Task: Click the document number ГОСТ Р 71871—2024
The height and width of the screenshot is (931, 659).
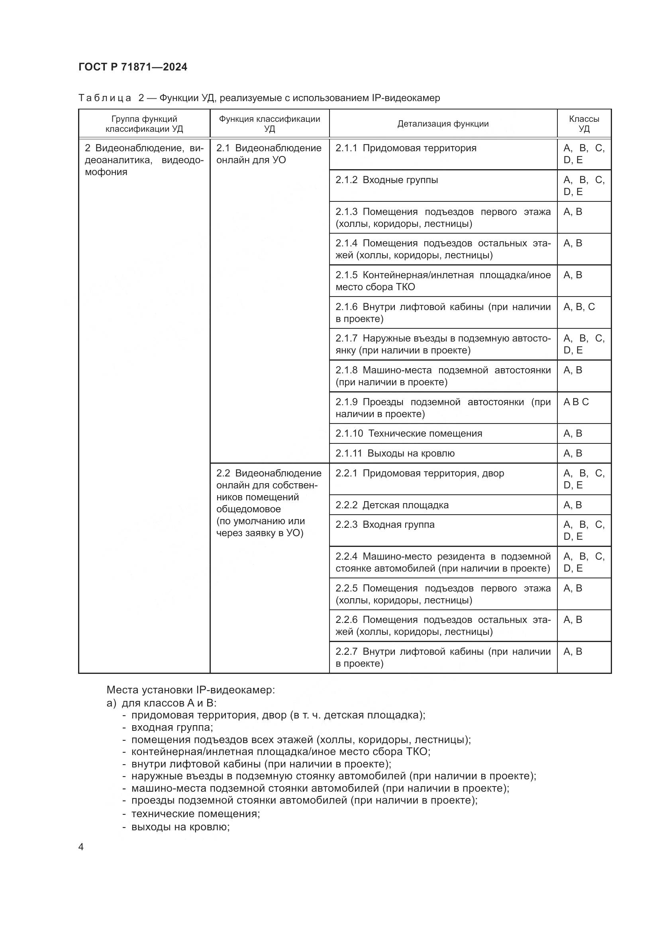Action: pos(133,67)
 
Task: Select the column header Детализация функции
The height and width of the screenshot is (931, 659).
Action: pos(443,124)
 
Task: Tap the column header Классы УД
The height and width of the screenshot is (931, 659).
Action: pos(584,124)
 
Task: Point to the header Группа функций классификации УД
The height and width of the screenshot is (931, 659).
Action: pos(144,124)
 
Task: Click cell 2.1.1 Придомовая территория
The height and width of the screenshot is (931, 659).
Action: pos(406,148)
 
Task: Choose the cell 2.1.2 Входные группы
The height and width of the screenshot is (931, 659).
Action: pos(387,180)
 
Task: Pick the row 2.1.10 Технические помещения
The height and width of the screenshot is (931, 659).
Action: pos(409,433)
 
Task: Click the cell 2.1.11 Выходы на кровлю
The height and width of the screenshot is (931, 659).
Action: pos(395,453)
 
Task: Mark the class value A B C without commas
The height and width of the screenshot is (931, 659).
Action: pos(576,402)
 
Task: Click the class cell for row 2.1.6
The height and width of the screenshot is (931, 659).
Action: pos(579,306)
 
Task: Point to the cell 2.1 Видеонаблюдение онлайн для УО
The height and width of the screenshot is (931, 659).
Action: pos(269,154)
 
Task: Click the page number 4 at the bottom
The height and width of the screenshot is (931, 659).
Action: pos(81,847)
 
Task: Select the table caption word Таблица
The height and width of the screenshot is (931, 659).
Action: pos(105,98)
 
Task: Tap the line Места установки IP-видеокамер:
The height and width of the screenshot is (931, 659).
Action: pos(191,690)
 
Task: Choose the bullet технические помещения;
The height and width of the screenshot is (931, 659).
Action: pos(195,814)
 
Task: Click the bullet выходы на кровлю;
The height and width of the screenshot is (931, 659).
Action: pos(180,827)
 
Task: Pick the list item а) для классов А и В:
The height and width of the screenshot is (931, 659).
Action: pos(161,703)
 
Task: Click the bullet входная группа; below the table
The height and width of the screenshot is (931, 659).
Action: pos(172,727)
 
